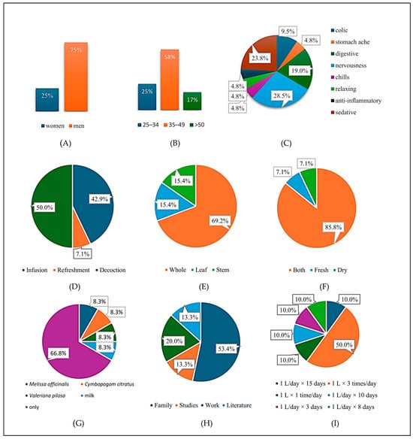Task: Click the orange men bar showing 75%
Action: [76, 77]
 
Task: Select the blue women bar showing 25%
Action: [47, 100]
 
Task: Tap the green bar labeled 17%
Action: [192, 101]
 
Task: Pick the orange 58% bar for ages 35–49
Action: [170, 80]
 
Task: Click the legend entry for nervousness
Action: [348, 65]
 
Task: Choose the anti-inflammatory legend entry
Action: [356, 101]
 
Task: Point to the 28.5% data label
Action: [282, 95]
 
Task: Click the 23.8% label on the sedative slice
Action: [260, 58]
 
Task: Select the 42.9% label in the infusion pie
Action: [99, 199]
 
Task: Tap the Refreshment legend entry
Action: [71, 270]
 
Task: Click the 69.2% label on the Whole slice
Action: [220, 220]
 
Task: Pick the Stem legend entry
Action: [221, 270]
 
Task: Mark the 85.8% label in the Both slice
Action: [333, 227]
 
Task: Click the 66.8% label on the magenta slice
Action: [58, 353]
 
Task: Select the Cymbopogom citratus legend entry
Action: [107, 384]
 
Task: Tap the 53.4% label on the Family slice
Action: [226, 349]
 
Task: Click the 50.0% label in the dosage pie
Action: [344, 344]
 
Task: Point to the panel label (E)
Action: [203, 286]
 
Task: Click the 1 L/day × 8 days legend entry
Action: [351, 407]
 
